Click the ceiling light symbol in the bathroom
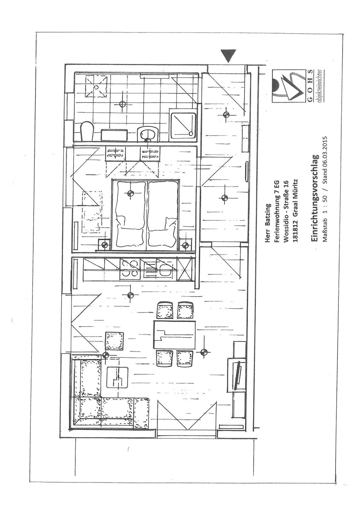click(x=122, y=104)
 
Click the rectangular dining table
click(x=174, y=334)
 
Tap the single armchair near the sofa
click(x=115, y=341)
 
